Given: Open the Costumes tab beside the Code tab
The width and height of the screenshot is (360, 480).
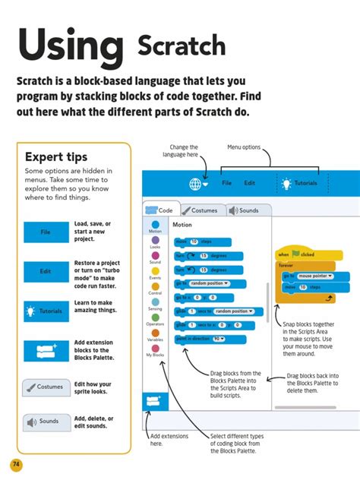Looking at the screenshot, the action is click(200, 210).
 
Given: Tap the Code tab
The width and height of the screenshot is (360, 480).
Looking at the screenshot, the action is click(160, 210).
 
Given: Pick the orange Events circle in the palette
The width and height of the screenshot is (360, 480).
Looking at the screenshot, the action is click(155, 270).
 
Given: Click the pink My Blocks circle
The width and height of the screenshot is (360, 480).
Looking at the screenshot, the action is click(155, 346).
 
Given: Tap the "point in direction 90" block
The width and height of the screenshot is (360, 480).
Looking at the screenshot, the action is click(201, 338).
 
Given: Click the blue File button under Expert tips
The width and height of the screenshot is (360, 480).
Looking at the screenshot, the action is click(45, 232).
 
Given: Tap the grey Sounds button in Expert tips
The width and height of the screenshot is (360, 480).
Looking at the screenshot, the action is click(45, 422).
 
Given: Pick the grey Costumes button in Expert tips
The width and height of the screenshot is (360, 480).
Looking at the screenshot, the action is click(45, 387).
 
